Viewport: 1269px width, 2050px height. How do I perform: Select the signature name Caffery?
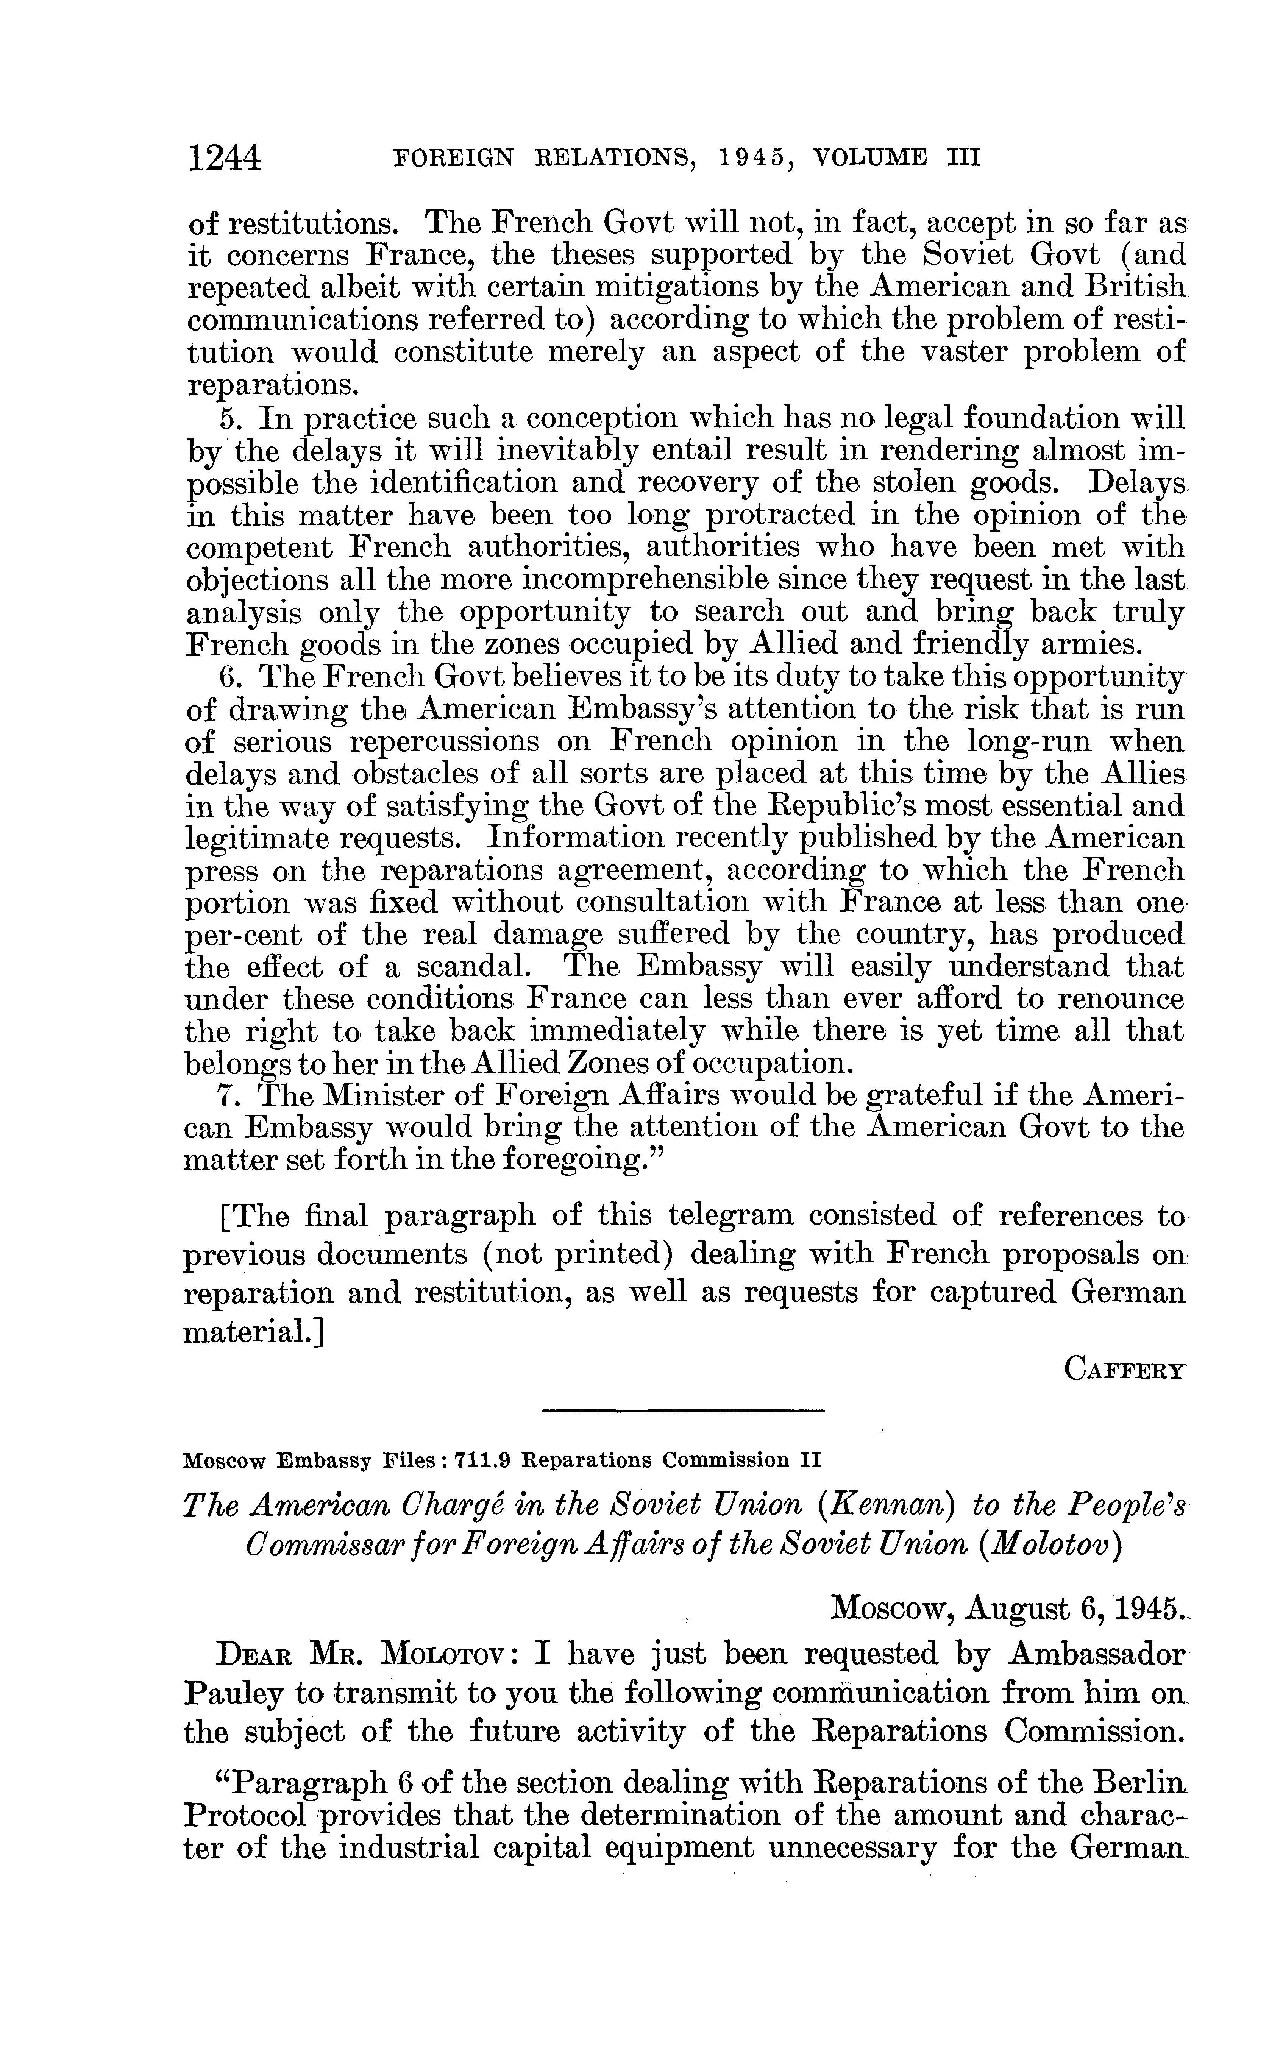(x=1125, y=1370)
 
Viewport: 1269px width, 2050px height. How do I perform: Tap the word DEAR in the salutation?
(x=254, y=1655)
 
